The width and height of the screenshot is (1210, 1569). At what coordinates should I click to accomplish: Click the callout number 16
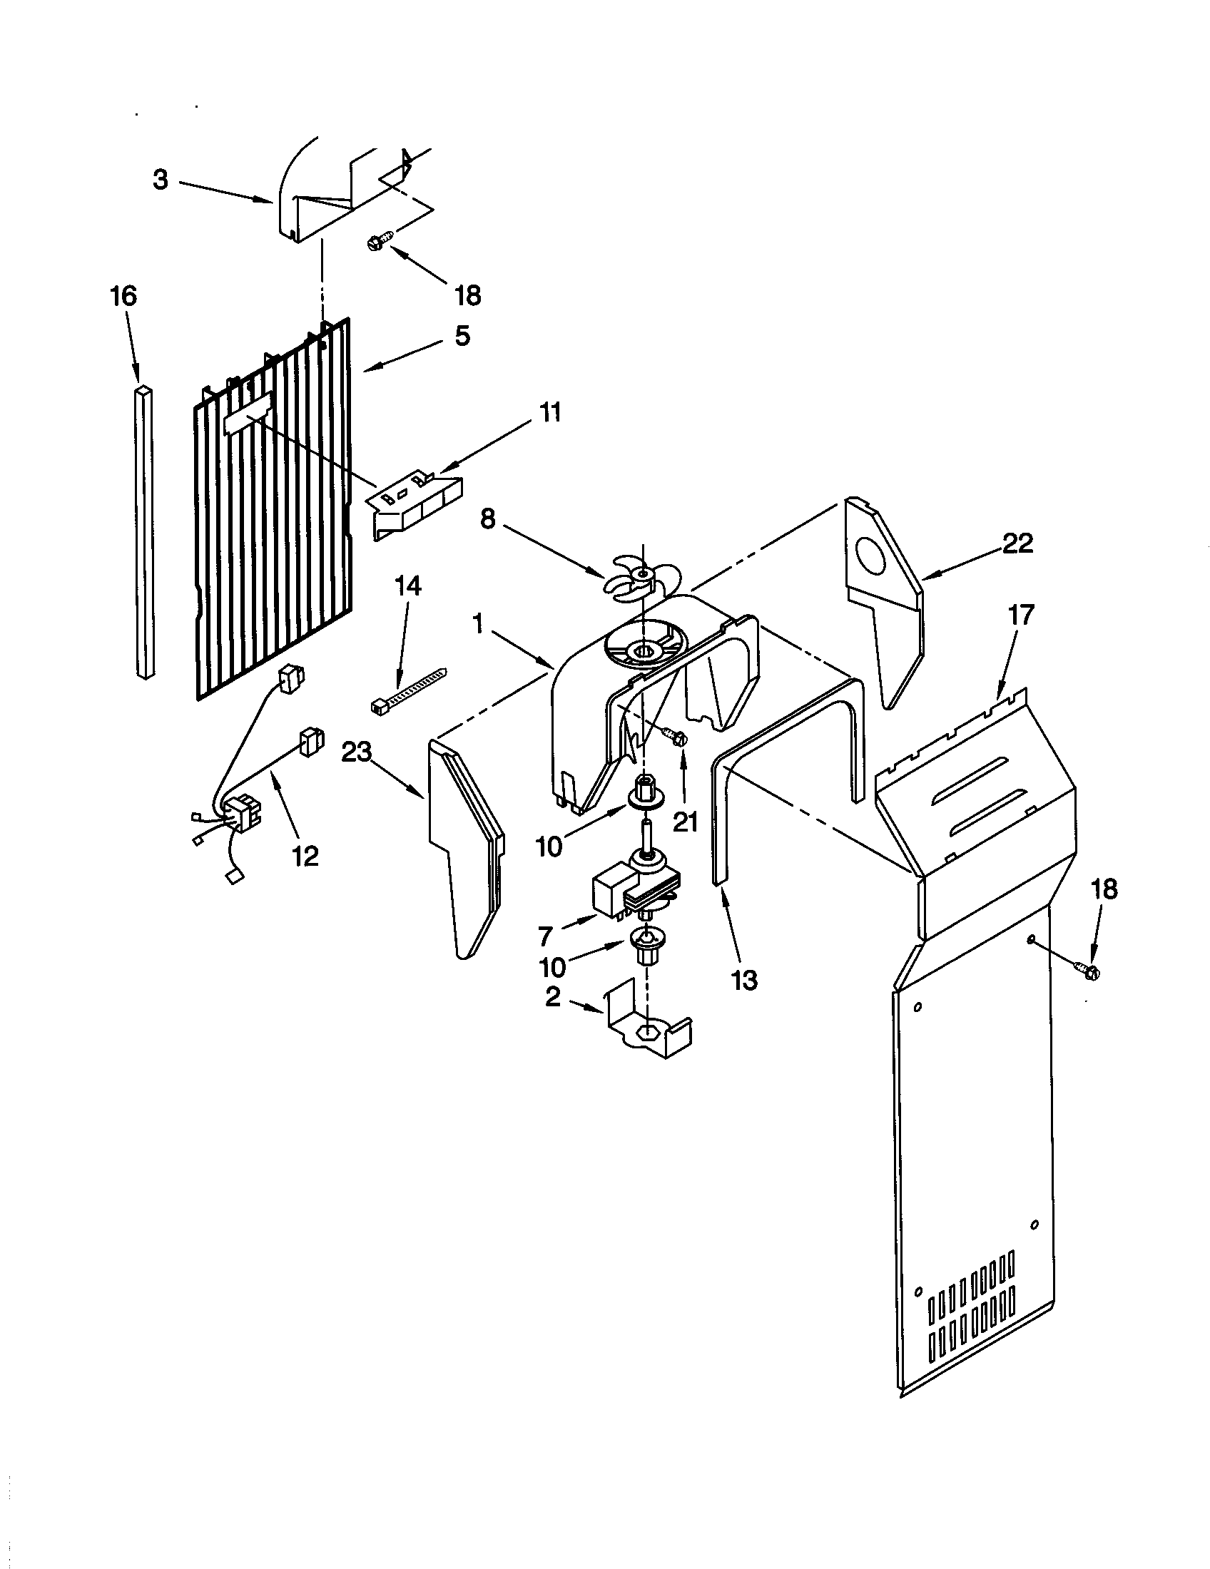(x=123, y=296)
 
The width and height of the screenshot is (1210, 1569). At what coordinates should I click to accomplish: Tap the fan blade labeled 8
(x=632, y=578)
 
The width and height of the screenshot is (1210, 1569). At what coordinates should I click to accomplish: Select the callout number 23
(x=357, y=752)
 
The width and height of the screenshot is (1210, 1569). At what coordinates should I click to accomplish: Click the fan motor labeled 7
(x=632, y=891)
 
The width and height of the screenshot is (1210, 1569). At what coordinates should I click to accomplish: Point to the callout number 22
(x=1019, y=543)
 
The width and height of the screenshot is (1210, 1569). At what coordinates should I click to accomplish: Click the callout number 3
(x=161, y=180)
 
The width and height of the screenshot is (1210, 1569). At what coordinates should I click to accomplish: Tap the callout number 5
(x=462, y=334)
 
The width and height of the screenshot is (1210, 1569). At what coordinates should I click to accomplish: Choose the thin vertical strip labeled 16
(x=144, y=531)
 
